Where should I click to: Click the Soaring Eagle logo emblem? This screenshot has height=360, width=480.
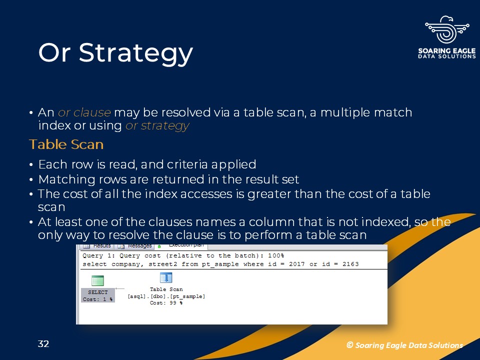click(x=447, y=30)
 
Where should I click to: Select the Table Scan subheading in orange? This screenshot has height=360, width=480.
click(x=66, y=144)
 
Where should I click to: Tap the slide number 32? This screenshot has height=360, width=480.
click(x=43, y=344)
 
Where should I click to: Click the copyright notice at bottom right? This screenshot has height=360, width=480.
click(x=404, y=345)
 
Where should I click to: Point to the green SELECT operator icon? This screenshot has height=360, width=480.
click(x=97, y=280)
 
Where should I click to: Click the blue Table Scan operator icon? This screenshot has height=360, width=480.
click(x=166, y=278)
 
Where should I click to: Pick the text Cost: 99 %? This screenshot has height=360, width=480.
click(x=166, y=303)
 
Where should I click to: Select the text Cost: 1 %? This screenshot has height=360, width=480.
click(x=97, y=299)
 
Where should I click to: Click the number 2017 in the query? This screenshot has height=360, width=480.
click(x=296, y=264)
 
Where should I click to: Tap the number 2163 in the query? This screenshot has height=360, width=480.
click(x=350, y=264)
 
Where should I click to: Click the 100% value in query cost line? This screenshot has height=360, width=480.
click(x=276, y=255)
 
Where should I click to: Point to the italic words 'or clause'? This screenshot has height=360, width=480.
click(x=84, y=112)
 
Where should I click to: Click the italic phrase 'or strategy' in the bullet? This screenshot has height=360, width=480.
click(x=157, y=126)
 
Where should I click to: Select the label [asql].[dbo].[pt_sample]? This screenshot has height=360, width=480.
click(x=166, y=296)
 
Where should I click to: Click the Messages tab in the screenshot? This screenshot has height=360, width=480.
click(x=139, y=246)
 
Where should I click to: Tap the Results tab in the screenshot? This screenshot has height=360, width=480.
click(x=102, y=246)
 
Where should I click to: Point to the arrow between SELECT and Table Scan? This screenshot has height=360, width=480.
click(x=120, y=288)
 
